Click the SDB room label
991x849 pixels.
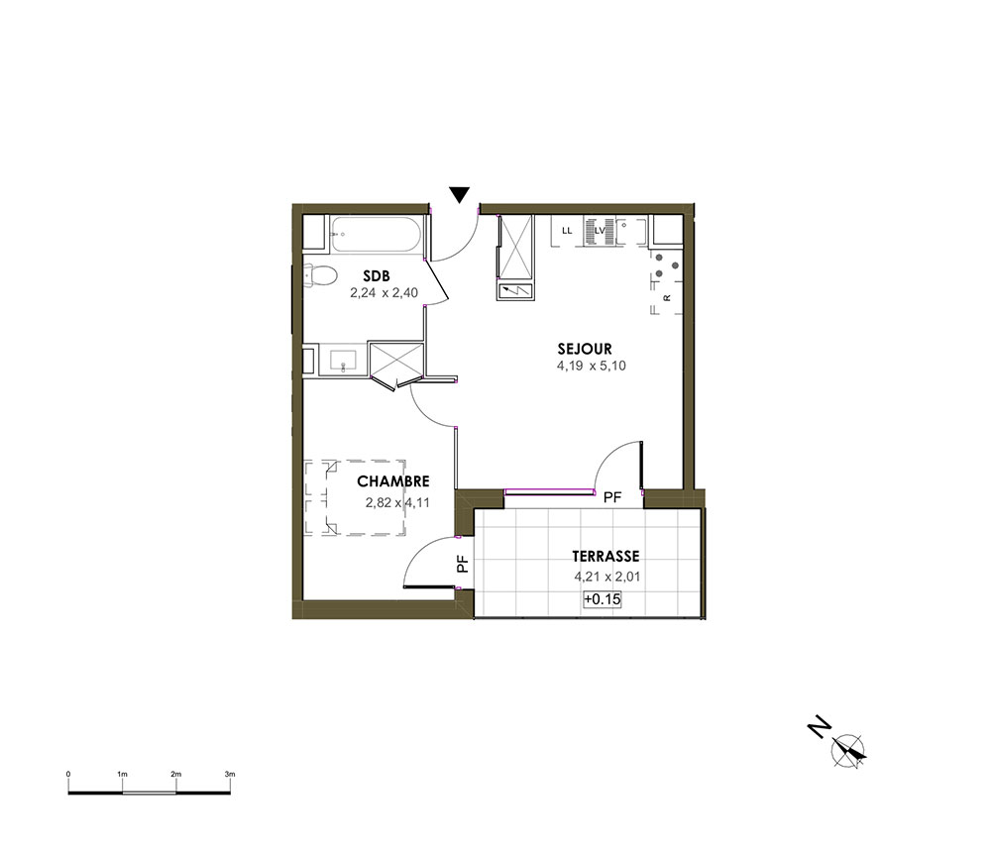coord(377,276)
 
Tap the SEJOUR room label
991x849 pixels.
coord(585,349)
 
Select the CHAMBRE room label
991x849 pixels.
coord(393,481)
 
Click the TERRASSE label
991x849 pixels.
coord(606,557)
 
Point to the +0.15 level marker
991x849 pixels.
coord(603,598)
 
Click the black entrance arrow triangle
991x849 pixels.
coord(460,194)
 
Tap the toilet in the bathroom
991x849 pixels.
coord(320,276)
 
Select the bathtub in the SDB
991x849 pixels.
coord(376,234)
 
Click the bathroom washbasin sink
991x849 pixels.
coord(343,360)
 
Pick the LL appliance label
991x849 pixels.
coord(567,231)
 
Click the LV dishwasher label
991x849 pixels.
coord(600,231)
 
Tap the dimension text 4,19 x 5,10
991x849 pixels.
coord(591,366)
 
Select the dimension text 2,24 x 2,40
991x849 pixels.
coord(384,293)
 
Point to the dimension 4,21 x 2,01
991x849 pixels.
coord(606,577)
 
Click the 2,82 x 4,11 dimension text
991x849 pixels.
coord(397,503)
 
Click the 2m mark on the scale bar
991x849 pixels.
coord(175,775)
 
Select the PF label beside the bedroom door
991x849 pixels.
coord(463,564)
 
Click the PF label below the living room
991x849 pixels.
coord(612,497)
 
